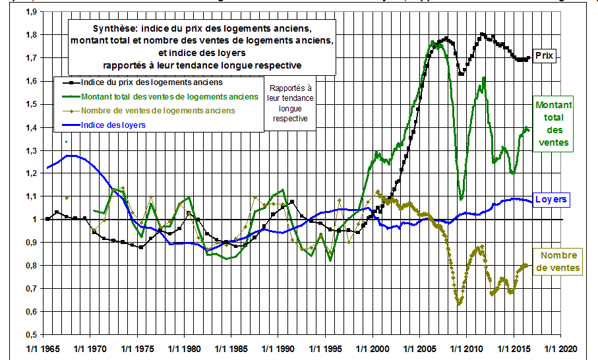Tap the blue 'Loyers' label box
click(551, 199)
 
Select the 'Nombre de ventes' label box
click(559, 261)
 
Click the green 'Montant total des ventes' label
click(553, 124)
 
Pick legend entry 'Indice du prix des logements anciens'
click(150, 83)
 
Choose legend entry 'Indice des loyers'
click(113, 124)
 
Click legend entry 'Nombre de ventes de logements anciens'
click(158, 110)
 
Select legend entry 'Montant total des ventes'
click(169, 97)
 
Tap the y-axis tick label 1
click(33, 220)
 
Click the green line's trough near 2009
click(462, 198)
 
